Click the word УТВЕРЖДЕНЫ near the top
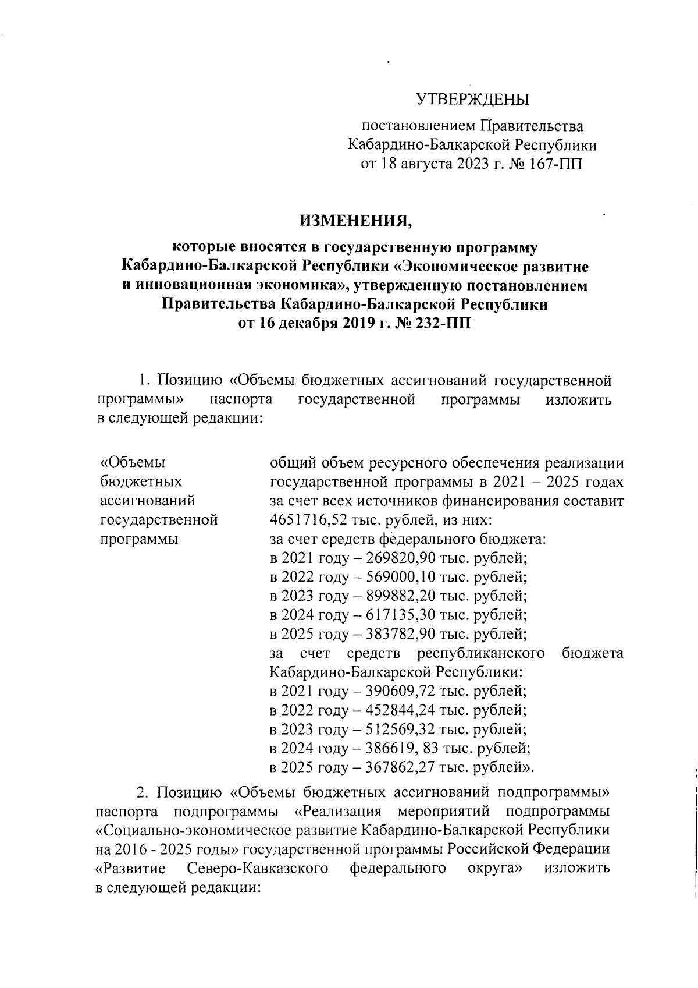[472, 99]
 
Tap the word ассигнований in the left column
[148, 500]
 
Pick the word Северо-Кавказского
[259, 869]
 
